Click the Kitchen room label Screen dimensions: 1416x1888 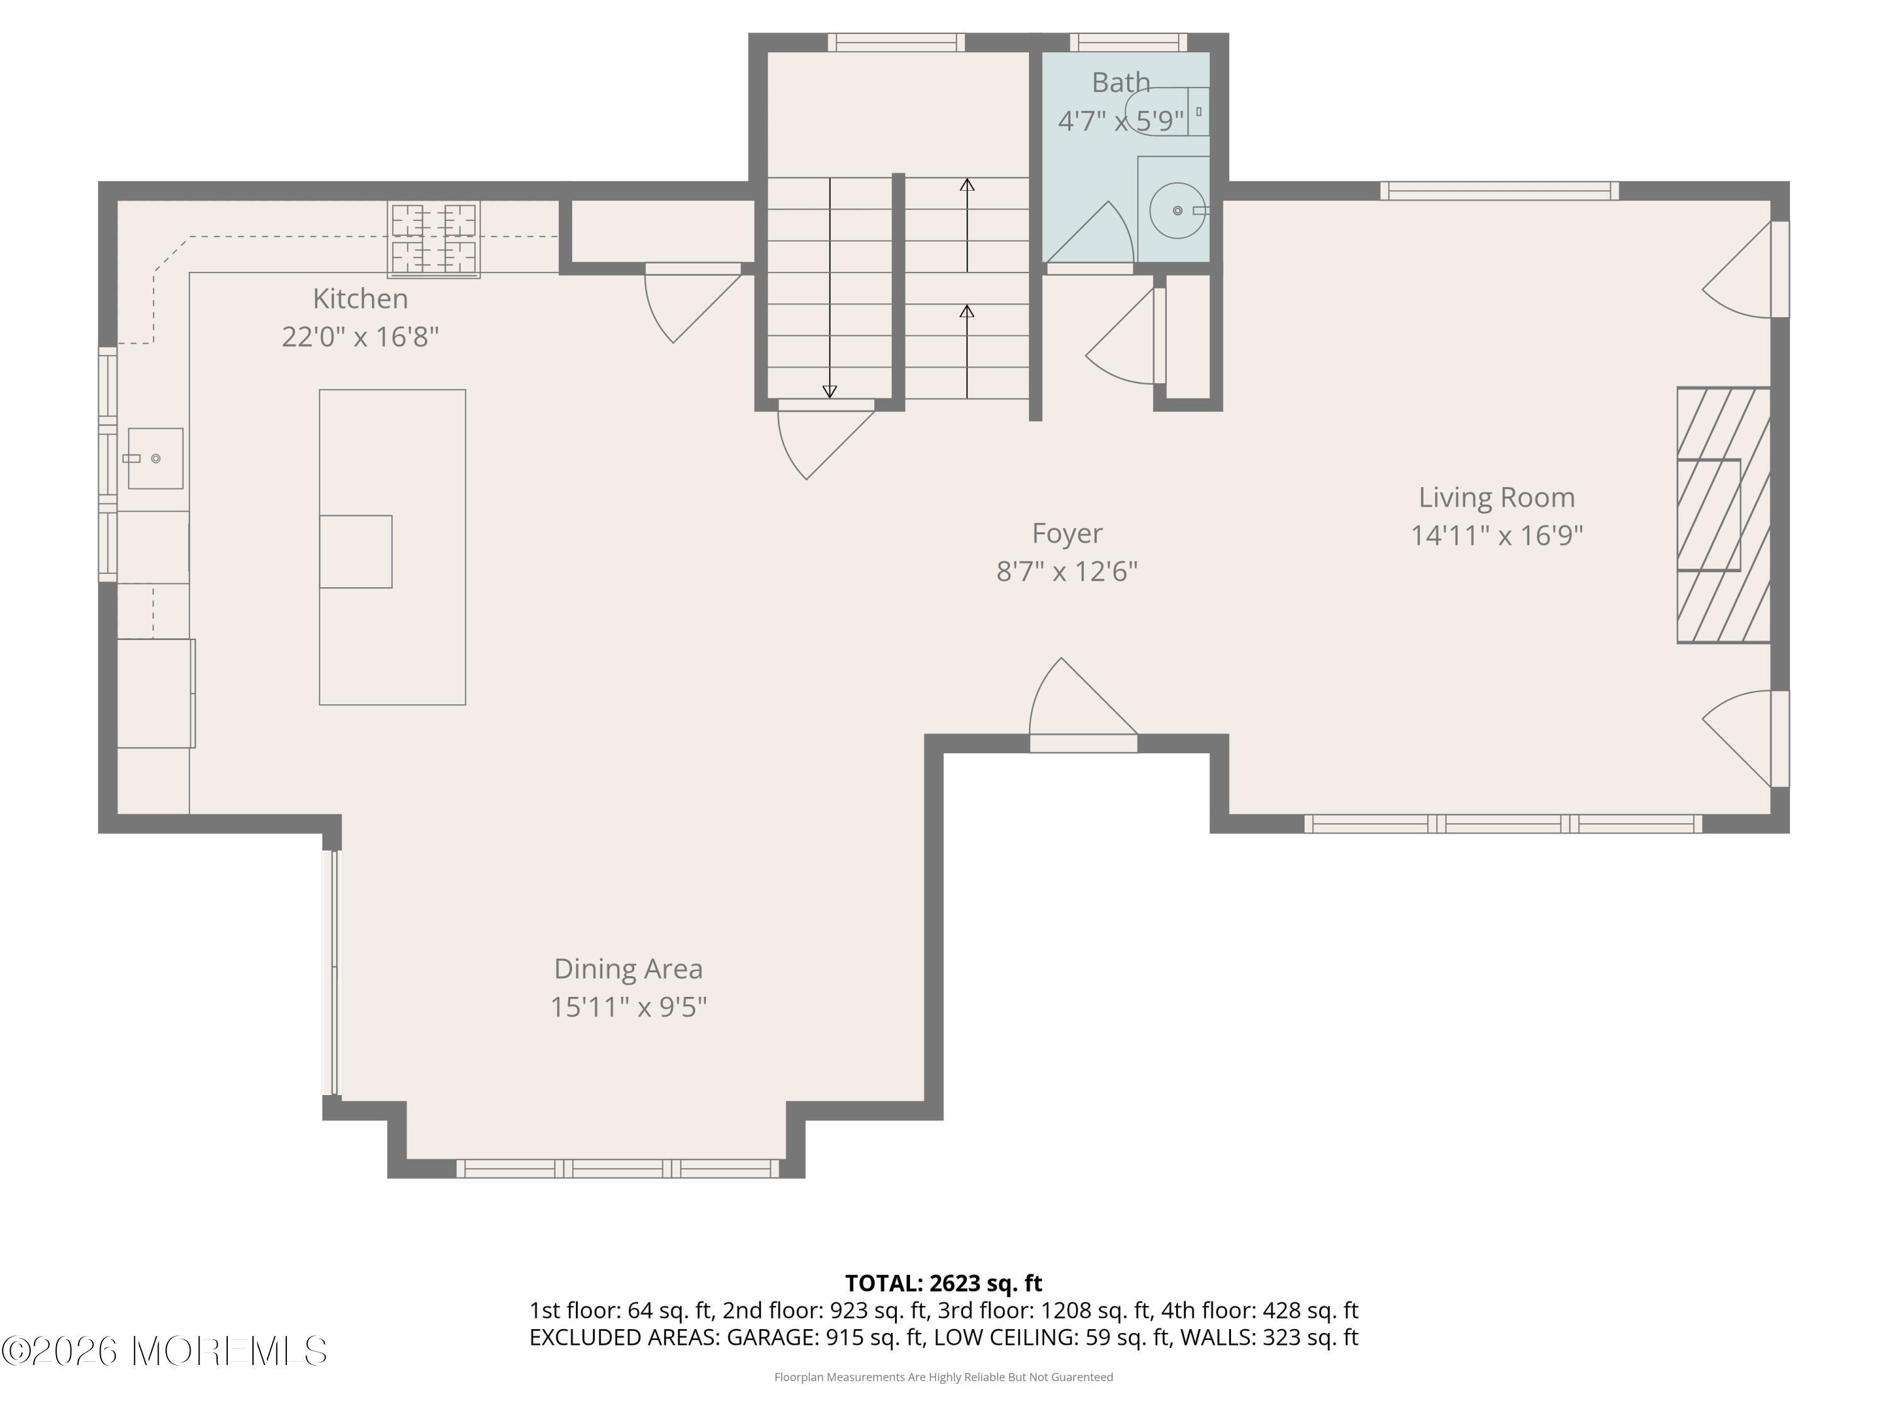coord(360,299)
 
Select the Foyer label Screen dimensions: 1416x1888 coord(1067,534)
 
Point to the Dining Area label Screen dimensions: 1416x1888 coord(628,969)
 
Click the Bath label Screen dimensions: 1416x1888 coord(1121,83)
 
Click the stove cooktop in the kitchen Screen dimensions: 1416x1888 coord(434,239)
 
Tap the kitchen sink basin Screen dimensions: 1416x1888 coord(155,458)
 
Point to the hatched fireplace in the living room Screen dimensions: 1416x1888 coord(1722,515)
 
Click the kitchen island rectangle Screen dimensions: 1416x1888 coord(393,547)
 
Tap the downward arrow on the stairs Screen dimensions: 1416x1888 coord(829,391)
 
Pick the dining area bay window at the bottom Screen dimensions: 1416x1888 coord(618,1169)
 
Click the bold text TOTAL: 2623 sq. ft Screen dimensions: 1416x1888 coord(943,1283)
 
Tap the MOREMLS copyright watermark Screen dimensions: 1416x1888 coord(164,1351)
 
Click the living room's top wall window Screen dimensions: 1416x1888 coord(1499,190)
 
